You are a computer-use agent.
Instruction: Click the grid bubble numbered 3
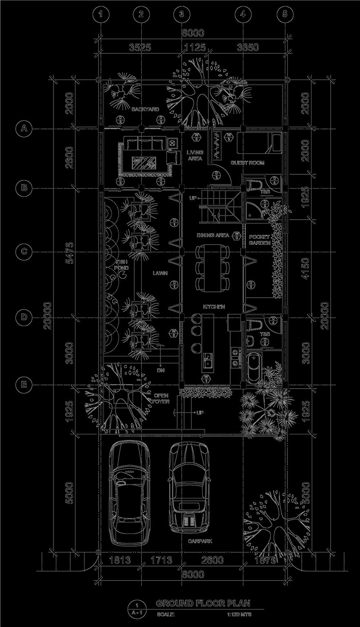(182, 14)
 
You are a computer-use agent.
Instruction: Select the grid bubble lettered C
(24, 251)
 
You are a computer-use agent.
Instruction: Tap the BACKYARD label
(145, 109)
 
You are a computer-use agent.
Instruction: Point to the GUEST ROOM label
(248, 163)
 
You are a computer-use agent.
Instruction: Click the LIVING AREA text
(195, 156)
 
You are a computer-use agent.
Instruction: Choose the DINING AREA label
(213, 236)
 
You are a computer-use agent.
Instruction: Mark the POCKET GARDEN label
(260, 240)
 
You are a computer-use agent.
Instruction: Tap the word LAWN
(160, 273)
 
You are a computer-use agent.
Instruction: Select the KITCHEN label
(214, 307)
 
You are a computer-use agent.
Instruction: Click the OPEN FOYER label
(161, 398)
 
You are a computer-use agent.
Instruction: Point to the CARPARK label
(200, 541)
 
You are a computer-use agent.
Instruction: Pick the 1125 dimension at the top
(195, 47)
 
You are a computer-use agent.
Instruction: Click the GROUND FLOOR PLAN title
(203, 603)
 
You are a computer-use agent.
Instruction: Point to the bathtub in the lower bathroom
(255, 368)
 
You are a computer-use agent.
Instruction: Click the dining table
(211, 267)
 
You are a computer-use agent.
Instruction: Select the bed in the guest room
(260, 142)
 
